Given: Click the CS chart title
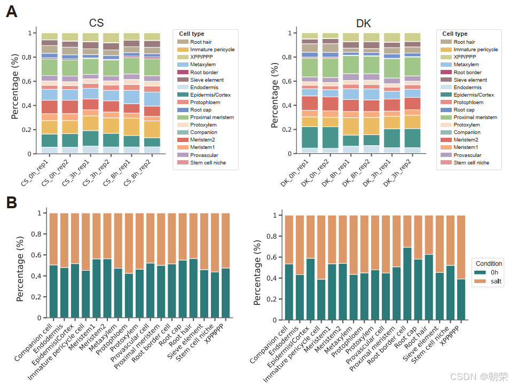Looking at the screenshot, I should [96, 23].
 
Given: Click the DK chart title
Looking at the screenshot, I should [364, 23].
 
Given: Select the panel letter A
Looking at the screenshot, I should [12, 12].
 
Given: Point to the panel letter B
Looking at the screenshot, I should [12, 203].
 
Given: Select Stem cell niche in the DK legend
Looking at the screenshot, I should [471, 162].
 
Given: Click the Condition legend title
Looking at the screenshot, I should [489, 263].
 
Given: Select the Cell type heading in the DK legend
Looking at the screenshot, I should [454, 34].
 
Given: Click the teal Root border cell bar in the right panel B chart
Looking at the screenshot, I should [407, 283].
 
